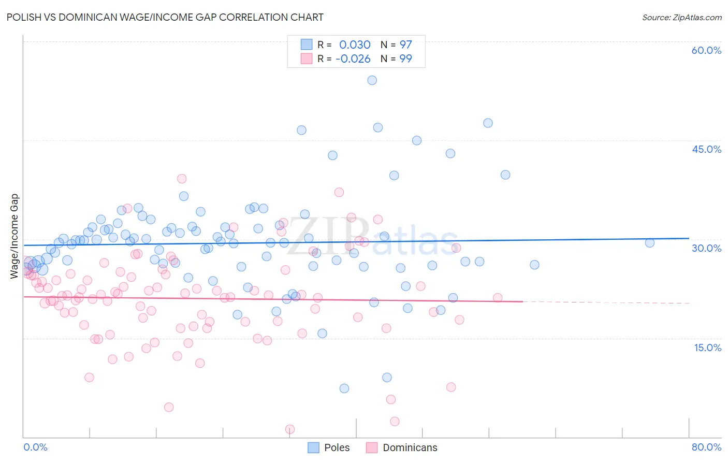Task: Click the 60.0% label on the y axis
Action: click(706, 50)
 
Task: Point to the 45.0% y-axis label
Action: click(706, 149)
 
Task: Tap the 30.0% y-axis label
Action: click(706, 248)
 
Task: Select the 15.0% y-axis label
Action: click(707, 347)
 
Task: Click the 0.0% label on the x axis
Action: click(35, 447)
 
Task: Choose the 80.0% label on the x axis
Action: click(706, 447)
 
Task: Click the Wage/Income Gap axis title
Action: click(14, 236)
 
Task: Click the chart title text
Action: click(165, 17)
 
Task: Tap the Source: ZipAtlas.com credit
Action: click(681, 17)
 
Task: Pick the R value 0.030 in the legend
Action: click(355, 45)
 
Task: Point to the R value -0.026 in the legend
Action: click(353, 59)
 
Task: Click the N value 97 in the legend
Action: click(405, 45)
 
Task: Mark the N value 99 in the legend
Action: click(405, 59)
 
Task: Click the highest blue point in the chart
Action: click(372, 80)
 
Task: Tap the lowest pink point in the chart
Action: click(290, 429)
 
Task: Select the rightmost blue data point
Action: click(649, 243)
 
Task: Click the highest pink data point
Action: click(182, 179)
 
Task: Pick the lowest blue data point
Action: click(344, 388)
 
